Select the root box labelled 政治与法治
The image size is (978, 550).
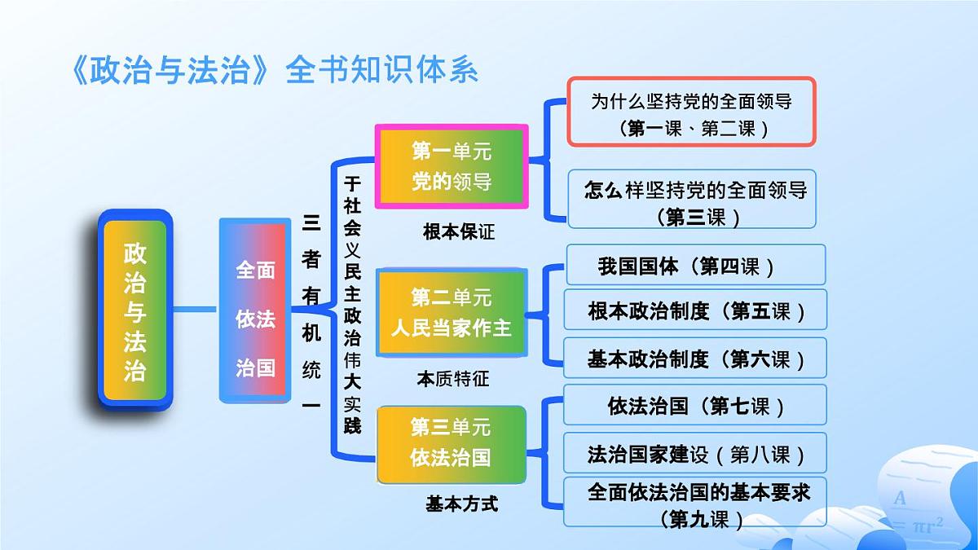(135, 310)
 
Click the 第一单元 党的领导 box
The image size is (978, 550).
(452, 166)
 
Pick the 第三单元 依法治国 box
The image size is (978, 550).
(451, 442)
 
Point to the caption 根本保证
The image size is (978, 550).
(459, 231)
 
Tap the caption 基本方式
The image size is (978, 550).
(461, 504)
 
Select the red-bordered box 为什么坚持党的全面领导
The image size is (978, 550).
(691, 112)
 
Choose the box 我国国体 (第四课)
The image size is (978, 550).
(695, 266)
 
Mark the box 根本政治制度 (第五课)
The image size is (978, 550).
(695, 311)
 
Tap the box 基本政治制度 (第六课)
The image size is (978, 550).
(695, 359)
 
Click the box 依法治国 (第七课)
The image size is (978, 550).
(695, 406)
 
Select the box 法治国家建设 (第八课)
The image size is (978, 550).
(695, 454)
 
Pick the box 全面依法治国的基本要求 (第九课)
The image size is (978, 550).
(695, 504)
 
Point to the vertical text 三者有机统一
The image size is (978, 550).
(311, 310)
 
